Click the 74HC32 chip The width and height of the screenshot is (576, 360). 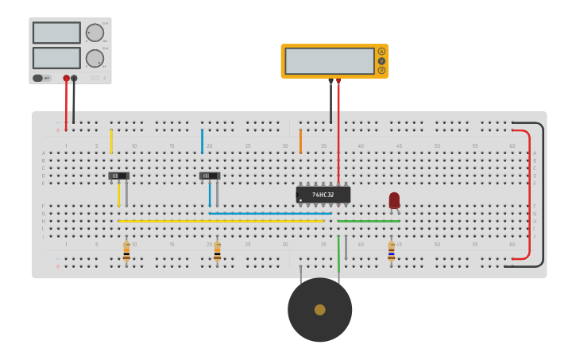(323, 194)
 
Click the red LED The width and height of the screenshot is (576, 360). (394, 200)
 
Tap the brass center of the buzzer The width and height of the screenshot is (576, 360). (319, 310)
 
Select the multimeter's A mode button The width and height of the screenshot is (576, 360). (381, 52)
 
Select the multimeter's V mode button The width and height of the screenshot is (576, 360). (381, 61)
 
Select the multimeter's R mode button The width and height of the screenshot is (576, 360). (381, 71)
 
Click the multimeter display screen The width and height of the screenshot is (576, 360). (329, 61)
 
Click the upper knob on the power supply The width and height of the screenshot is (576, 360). (95, 33)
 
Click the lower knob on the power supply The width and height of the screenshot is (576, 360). (95, 58)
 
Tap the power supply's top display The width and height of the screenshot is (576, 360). (56, 33)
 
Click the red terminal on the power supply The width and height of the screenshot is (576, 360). (66, 79)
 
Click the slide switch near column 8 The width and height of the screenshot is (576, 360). (118, 176)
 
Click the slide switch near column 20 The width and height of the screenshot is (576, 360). (210, 176)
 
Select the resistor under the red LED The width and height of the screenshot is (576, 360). (391, 252)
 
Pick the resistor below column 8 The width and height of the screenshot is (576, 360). (126, 252)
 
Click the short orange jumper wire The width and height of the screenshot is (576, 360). (300, 141)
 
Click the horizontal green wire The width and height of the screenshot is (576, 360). (369, 221)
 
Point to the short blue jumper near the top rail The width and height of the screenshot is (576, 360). (202, 141)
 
